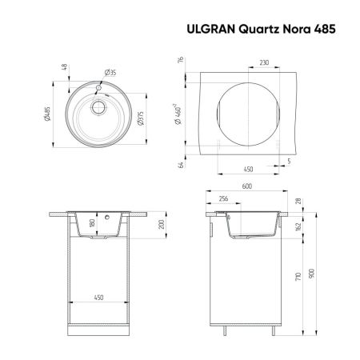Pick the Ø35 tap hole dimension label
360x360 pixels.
point(110,73)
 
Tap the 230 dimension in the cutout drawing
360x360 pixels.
point(264,59)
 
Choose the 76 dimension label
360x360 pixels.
point(182,60)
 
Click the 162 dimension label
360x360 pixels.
point(297,227)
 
